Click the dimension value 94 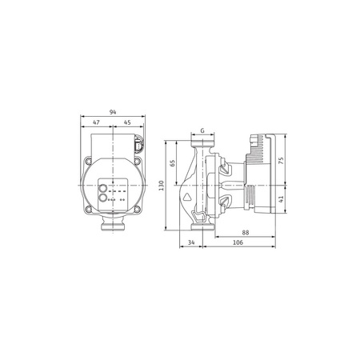tap(112, 114)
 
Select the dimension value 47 tap(97, 123)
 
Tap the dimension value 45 tap(127, 123)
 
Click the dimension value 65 tap(172, 163)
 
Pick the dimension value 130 tap(162, 185)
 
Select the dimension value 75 tap(282, 160)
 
